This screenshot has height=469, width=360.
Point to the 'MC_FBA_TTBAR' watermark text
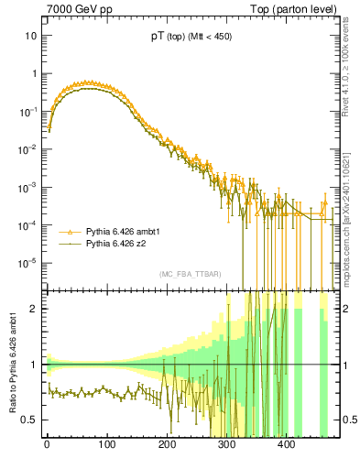click(190, 274)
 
